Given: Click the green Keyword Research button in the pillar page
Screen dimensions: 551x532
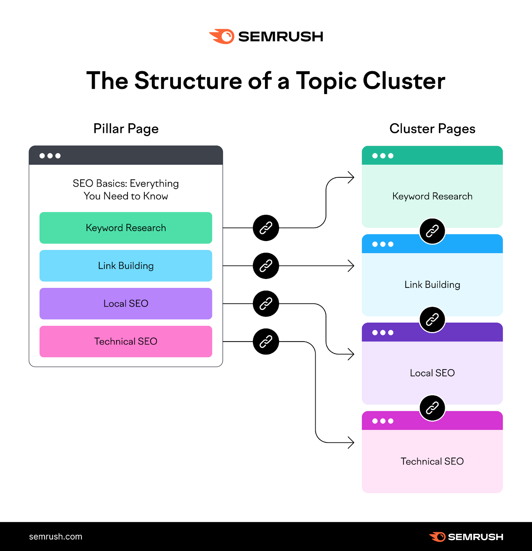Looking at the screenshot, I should click(126, 228).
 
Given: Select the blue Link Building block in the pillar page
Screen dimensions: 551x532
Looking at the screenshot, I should click(126, 266).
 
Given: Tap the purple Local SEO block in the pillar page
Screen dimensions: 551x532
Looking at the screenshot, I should click(126, 304).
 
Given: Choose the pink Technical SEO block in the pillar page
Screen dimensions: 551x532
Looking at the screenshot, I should click(126, 342).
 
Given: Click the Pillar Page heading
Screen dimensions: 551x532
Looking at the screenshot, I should click(126, 129).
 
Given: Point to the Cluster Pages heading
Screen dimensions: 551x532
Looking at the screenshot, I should click(432, 129).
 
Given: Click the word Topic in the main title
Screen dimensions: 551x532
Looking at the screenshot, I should click(326, 81).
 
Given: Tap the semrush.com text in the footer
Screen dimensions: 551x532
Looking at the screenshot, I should click(55, 537).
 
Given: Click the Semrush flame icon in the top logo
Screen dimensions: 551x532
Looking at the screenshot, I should click(222, 37).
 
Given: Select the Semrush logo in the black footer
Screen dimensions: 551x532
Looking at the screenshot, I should click(466, 537).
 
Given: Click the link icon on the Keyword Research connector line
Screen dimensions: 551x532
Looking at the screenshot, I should click(266, 228).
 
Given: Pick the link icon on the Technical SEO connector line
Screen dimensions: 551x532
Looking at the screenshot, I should click(266, 342).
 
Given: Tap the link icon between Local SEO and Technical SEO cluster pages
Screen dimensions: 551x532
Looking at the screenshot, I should click(432, 408).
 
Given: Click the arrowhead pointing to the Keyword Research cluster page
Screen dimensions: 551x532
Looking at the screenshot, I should click(351, 178).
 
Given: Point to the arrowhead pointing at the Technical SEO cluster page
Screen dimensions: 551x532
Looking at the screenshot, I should click(351, 443).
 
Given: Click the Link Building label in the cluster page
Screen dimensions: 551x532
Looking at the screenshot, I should click(432, 285).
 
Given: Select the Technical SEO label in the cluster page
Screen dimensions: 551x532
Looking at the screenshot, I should click(432, 461).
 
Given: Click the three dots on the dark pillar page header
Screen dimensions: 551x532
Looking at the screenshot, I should click(50, 156).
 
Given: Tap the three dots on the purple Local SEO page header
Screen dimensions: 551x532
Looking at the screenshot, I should click(383, 333).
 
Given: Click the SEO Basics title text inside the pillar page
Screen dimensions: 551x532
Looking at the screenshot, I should click(126, 190).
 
